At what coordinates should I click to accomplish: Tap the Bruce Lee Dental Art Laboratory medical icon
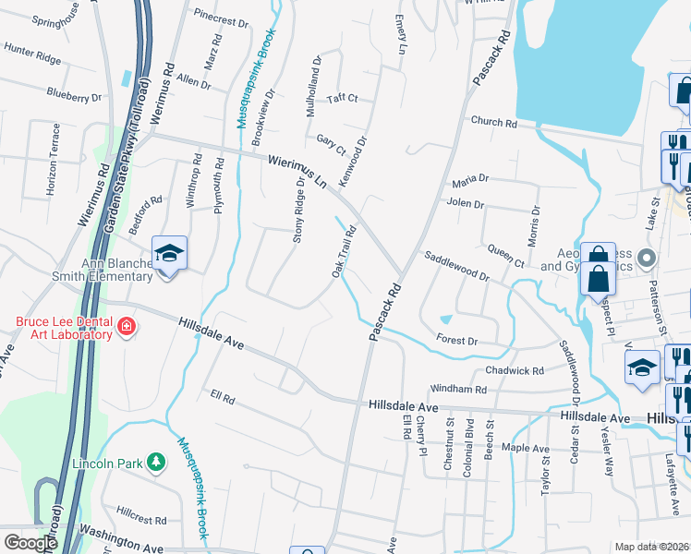(127, 327)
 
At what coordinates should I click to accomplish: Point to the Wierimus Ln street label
(297, 173)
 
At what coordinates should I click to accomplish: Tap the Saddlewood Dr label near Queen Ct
(456, 268)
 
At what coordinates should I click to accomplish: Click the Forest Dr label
(457, 341)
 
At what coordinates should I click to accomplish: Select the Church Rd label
(491, 122)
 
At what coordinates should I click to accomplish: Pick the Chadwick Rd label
(515, 370)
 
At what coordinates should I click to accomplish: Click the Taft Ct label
(342, 98)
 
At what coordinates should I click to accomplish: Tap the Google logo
(30, 543)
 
